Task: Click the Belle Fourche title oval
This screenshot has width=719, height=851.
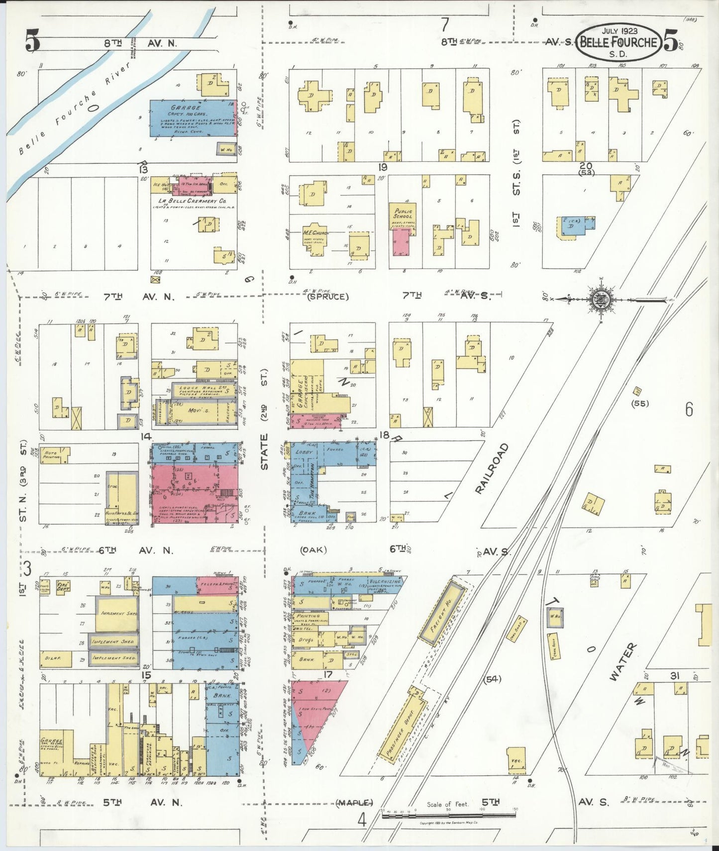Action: click(619, 42)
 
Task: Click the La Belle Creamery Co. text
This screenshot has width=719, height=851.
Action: click(192, 201)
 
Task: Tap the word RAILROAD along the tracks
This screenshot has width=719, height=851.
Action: click(492, 468)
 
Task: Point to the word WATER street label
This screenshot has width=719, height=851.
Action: click(622, 661)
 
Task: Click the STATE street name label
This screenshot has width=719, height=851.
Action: click(264, 452)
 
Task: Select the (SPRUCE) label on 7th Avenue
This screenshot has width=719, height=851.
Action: click(327, 297)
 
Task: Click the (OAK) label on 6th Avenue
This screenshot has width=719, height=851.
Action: click(313, 550)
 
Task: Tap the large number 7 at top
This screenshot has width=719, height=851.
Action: click(444, 24)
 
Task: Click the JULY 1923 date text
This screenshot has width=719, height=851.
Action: click(619, 31)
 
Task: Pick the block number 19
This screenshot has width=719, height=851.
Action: click(382, 167)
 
